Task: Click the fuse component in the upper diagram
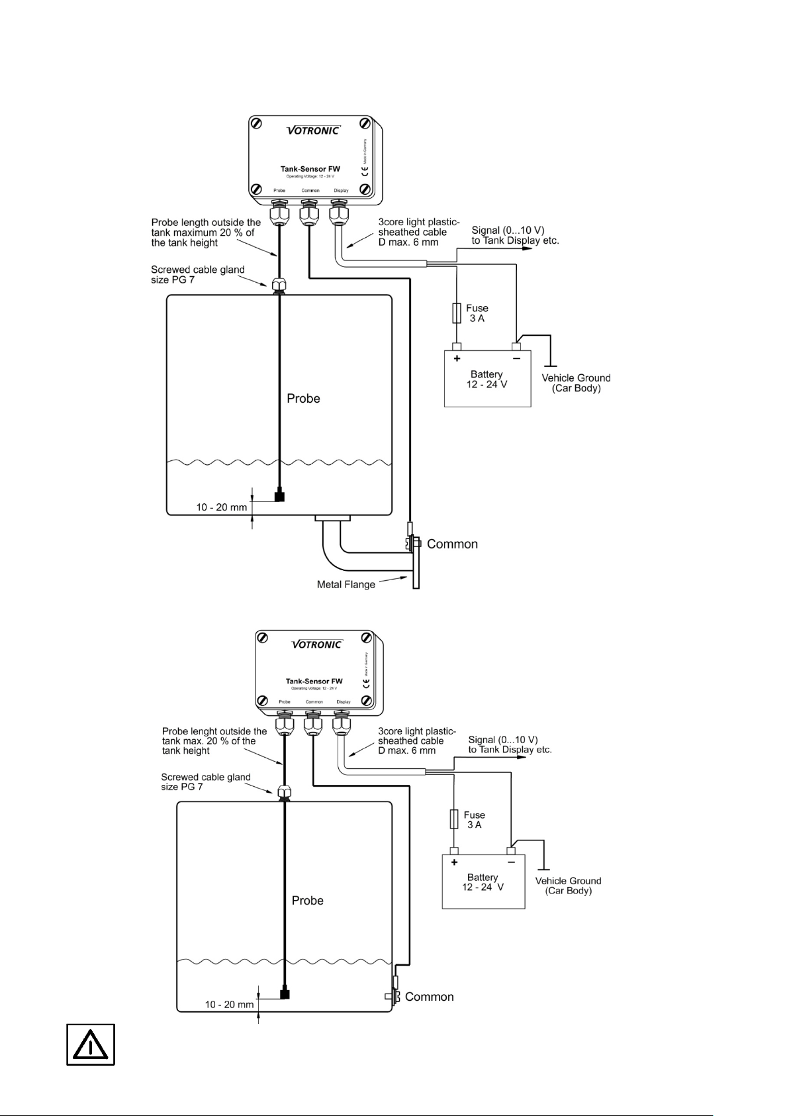tap(456, 313)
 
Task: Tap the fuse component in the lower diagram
tap(453, 819)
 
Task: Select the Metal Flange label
tap(346, 584)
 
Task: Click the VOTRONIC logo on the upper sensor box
tap(313, 130)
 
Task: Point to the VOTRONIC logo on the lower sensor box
tap(316, 644)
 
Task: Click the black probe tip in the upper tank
tap(279, 495)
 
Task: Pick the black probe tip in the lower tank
tap(285, 994)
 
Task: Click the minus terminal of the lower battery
tap(512, 850)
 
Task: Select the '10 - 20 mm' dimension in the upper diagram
tap(222, 507)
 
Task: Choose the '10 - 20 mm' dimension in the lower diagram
tap(229, 1005)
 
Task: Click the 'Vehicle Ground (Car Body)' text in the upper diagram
tap(576, 383)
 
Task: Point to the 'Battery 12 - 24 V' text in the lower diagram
tap(483, 882)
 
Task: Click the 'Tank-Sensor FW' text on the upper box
tap(310, 169)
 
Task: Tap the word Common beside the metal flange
tap(452, 544)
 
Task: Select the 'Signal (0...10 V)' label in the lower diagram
tap(503, 739)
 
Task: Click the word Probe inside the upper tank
tap(303, 399)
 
